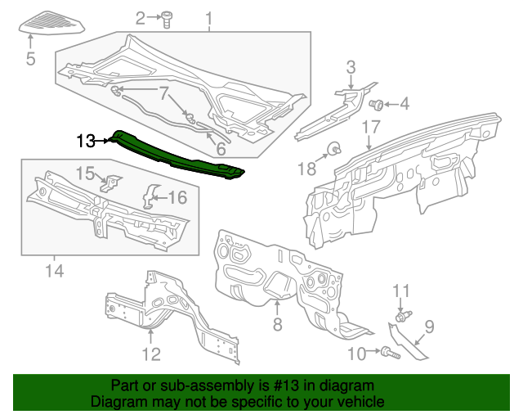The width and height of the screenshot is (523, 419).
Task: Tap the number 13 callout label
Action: point(86,141)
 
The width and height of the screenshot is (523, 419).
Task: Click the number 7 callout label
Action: point(163,92)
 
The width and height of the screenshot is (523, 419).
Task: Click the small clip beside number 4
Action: point(378,104)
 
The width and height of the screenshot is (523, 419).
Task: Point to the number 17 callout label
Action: point(371,127)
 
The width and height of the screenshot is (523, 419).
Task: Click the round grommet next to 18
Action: point(334,148)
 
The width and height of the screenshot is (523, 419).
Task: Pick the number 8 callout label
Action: point(276,324)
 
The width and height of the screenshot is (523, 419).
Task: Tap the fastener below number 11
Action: point(402,315)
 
